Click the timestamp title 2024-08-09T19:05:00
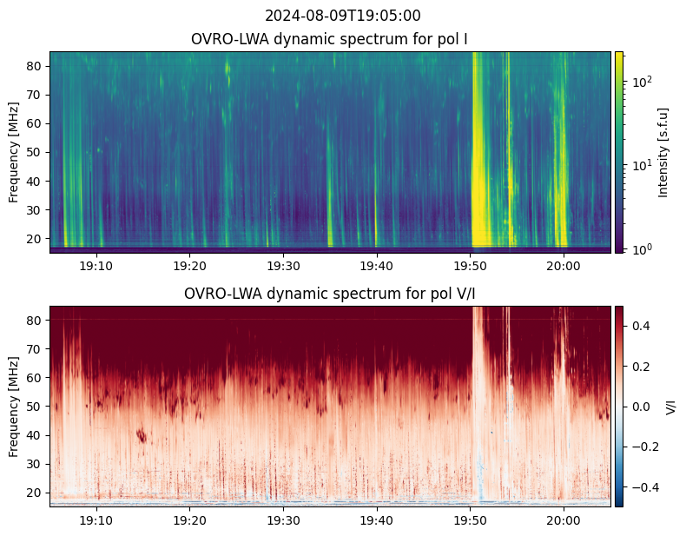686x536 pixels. point(343,16)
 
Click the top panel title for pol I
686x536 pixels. point(331,39)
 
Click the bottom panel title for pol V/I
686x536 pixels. point(331,294)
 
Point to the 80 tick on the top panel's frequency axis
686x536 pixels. point(35,66)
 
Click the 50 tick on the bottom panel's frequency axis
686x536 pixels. point(35,406)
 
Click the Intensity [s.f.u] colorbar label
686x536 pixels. point(664,152)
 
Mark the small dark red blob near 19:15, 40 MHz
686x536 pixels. point(142,434)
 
